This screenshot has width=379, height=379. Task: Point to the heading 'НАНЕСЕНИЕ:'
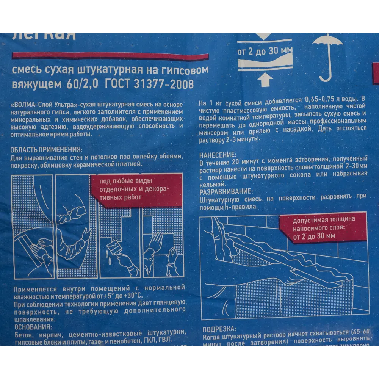click(x=218, y=155)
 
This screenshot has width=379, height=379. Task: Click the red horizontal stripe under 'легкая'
click(x=110, y=56)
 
